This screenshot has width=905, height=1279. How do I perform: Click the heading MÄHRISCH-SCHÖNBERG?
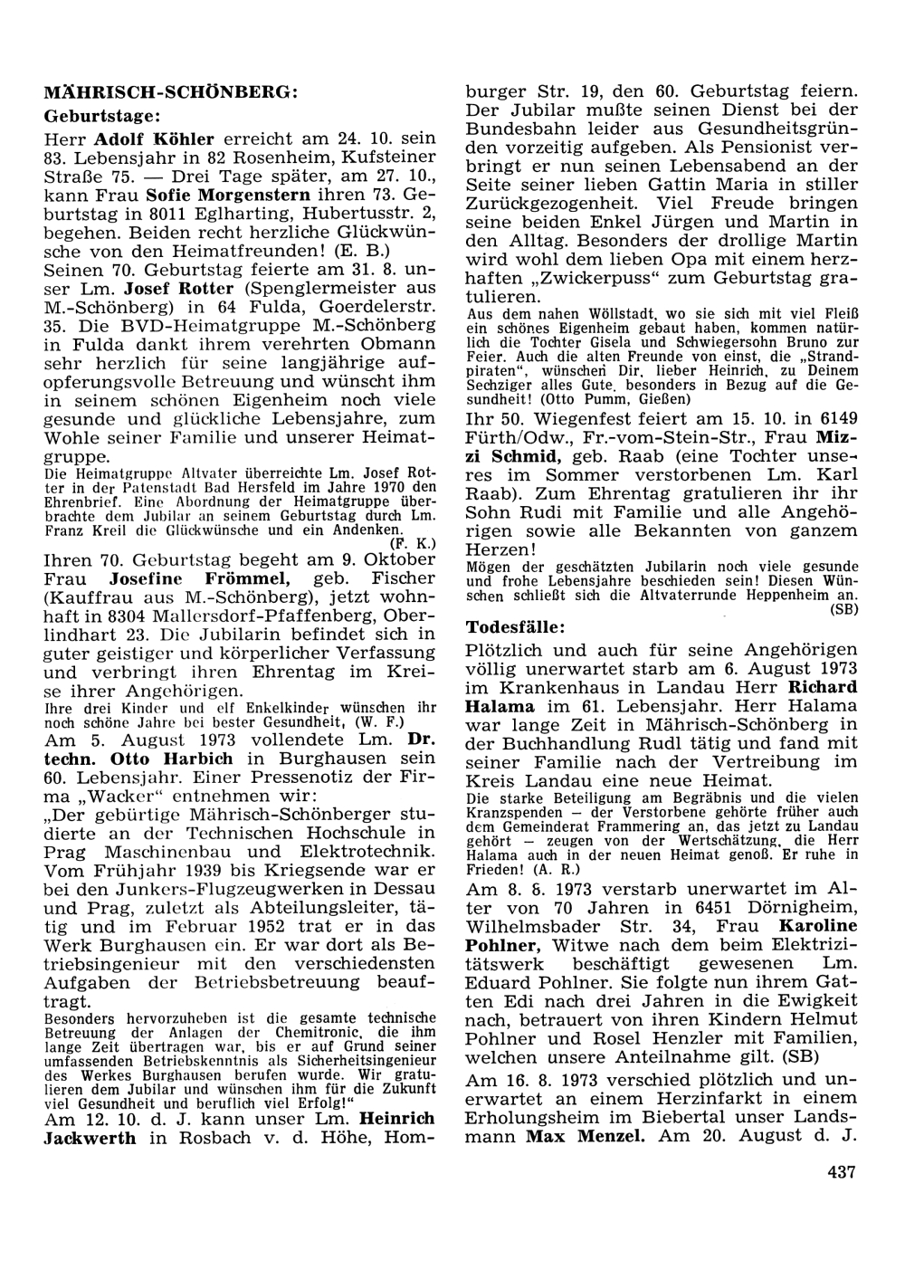point(169,92)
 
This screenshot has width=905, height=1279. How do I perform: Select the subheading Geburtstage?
point(102,116)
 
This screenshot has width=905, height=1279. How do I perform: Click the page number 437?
point(841,1172)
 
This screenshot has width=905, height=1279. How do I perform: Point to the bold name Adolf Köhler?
point(155,139)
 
